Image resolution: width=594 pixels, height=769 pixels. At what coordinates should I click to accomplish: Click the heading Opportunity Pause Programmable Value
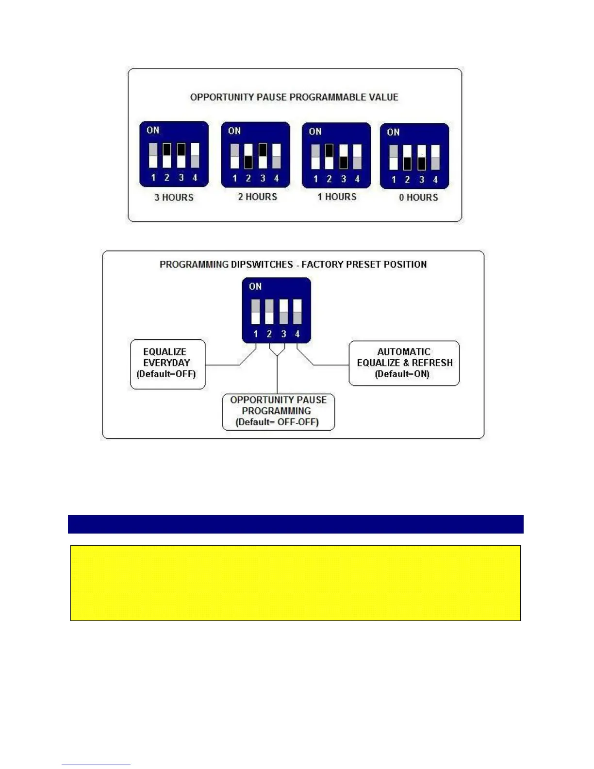click(x=294, y=97)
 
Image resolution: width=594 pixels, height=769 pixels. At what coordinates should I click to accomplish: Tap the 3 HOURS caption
click(x=174, y=198)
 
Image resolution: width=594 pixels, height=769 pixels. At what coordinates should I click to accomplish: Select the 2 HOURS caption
click(x=257, y=197)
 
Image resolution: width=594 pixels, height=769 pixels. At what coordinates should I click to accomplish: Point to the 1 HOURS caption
click(x=337, y=197)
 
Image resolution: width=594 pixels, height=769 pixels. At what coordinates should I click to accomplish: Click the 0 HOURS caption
click(x=418, y=198)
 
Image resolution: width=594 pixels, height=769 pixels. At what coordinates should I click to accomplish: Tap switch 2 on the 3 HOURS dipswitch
click(x=167, y=155)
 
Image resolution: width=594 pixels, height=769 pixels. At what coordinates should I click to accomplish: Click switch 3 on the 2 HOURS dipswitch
click(x=263, y=156)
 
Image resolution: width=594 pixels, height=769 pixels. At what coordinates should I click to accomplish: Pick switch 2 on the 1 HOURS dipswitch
click(x=329, y=156)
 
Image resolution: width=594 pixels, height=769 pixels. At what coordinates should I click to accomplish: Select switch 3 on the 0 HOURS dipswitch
click(x=422, y=157)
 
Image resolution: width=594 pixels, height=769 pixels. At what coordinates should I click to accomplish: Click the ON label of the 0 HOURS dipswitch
click(x=393, y=132)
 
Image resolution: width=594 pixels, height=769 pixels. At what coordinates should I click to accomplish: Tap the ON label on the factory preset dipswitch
click(x=255, y=286)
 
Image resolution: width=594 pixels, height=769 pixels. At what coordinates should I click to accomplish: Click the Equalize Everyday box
click(x=167, y=364)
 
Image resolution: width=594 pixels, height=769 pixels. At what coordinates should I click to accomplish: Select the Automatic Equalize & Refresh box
click(x=404, y=363)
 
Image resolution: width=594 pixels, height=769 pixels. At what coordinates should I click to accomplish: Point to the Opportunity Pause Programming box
click(x=278, y=411)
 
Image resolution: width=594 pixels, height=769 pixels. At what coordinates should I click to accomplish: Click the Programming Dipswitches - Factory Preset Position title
click(x=293, y=265)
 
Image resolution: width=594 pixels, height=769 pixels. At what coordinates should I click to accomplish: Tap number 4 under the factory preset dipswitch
click(x=297, y=334)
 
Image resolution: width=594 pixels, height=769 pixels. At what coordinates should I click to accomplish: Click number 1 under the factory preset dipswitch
click(x=256, y=334)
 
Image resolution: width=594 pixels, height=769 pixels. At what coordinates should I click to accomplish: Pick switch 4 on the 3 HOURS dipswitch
click(x=195, y=155)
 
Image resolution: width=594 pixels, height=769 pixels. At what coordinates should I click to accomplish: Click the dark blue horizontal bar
click(x=296, y=524)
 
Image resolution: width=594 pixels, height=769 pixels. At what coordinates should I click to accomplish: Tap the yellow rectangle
click(x=296, y=583)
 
